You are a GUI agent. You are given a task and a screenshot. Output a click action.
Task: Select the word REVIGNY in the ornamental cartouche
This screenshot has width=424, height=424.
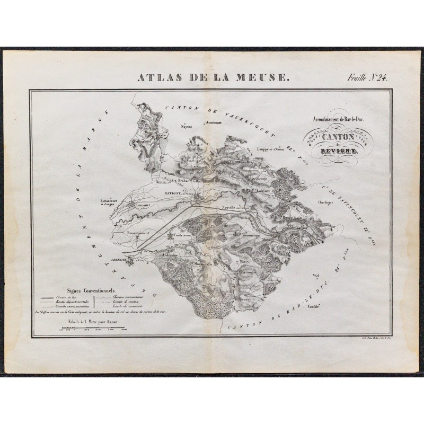coord(332,150)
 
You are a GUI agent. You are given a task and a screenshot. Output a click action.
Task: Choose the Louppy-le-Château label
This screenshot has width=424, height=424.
coord(275,149)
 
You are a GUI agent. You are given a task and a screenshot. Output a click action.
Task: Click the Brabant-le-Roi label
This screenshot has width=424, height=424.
coord(194,181)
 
